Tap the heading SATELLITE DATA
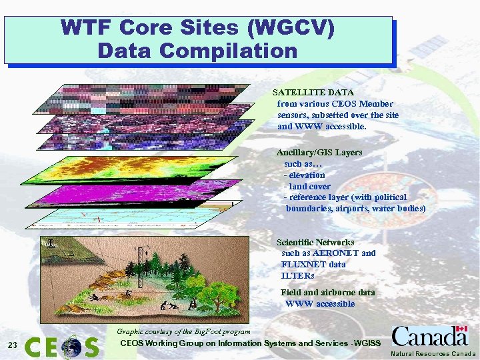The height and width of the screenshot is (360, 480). [x=313, y=92]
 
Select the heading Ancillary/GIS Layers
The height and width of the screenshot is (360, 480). [x=319, y=152]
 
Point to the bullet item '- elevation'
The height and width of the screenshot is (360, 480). [x=304, y=175]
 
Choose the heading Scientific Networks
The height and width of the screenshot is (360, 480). [x=315, y=242]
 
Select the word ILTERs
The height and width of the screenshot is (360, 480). [x=297, y=275]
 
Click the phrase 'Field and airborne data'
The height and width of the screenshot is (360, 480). [x=327, y=292]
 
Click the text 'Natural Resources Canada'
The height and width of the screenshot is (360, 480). [x=433, y=353]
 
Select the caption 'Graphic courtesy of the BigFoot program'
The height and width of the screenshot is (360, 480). [x=183, y=331]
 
